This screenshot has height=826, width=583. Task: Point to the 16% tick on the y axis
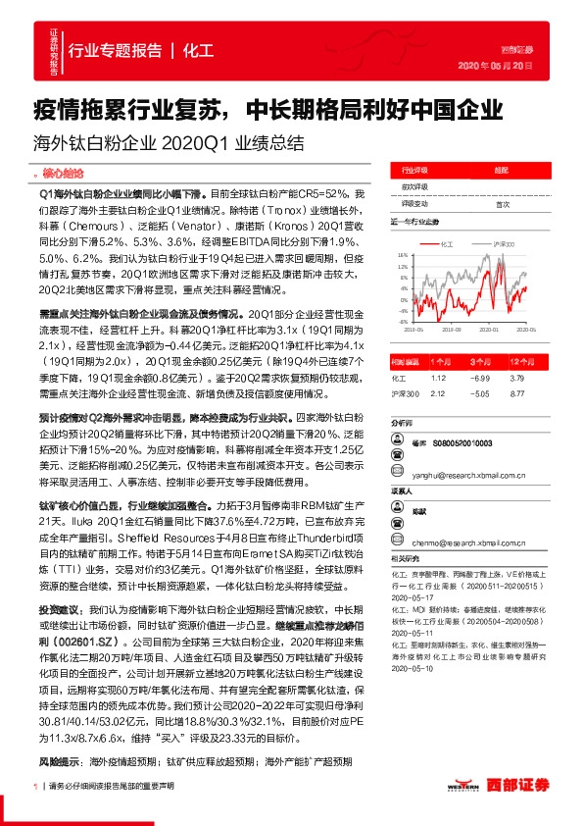click(x=403, y=255)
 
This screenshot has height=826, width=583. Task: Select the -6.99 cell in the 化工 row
click(x=480, y=377)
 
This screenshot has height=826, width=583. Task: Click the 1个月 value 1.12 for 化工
click(x=439, y=377)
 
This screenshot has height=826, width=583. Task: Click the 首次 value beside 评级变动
click(x=503, y=205)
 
